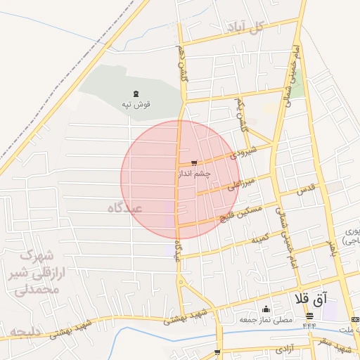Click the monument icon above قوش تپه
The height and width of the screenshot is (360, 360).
click(x=136, y=94)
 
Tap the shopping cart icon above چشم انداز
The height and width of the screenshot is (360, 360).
click(x=194, y=163)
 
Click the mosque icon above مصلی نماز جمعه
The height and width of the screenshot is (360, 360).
click(x=266, y=309)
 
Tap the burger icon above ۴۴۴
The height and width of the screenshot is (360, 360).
click(x=309, y=316)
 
